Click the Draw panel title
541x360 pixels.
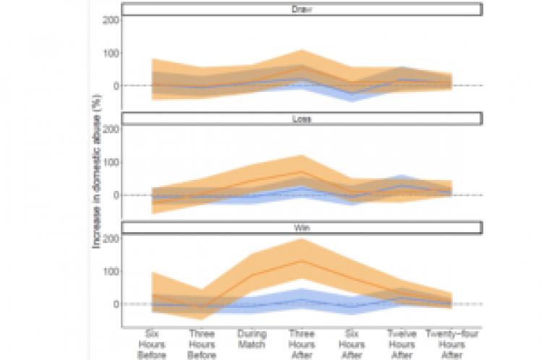click(x=301, y=9)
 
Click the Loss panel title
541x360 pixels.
click(x=301, y=119)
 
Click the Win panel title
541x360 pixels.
click(x=301, y=228)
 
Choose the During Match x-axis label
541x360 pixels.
click(x=252, y=339)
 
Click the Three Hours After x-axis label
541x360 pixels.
click(x=301, y=344)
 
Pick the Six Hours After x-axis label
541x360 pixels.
click(x=351, y=344)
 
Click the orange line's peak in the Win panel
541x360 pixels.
click(x=301, y=260)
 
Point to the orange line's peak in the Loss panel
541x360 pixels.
click(x=301, y=171)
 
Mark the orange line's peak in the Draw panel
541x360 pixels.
click(x=301, y=67)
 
